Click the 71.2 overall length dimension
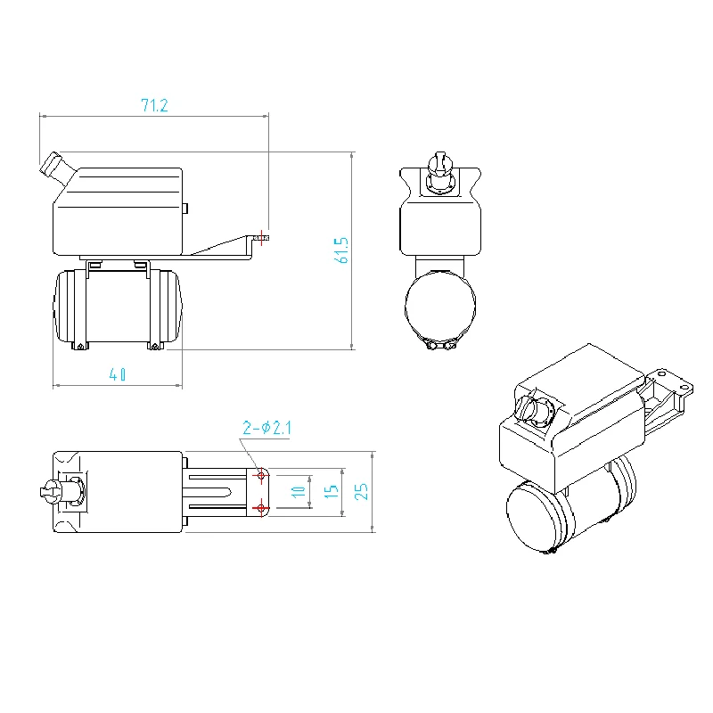154,105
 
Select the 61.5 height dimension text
340,250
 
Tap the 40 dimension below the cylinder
118,375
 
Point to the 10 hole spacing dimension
299,489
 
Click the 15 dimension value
331,489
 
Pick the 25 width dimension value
360,491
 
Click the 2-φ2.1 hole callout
266,429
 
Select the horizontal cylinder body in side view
119,307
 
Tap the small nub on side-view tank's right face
185,209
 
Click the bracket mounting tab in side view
261,238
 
